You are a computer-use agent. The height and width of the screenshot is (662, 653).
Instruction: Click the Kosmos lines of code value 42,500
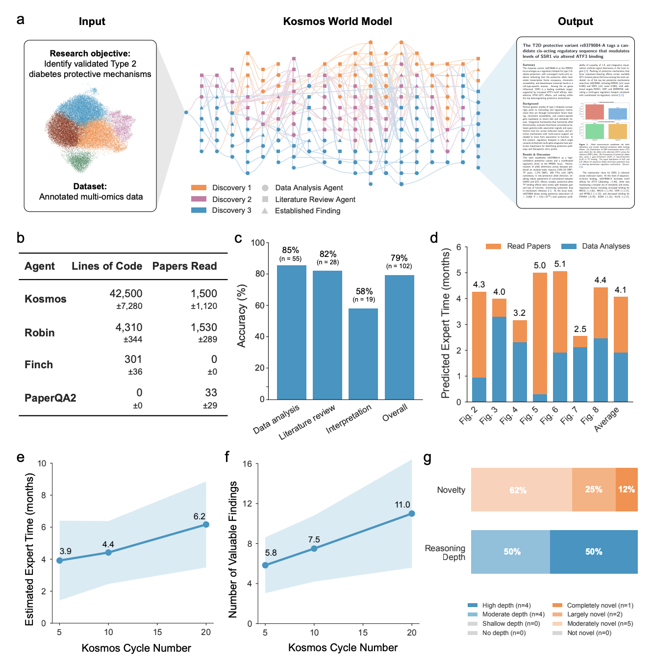coord(126,293)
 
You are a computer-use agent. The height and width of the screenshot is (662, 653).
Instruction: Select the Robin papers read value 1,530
coord(204,327)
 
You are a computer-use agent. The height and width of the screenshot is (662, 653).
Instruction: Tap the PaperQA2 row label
coord(50,398)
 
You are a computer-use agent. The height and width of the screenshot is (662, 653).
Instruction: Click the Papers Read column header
coord(184,266)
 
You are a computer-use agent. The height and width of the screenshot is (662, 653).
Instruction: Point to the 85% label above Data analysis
coord(290,250)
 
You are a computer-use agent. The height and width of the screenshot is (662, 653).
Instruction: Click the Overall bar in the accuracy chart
coord(399,337)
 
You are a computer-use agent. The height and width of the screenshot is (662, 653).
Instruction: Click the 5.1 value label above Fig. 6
coord(560,264)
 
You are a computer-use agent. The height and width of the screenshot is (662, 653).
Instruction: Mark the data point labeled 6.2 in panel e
coord(206,524)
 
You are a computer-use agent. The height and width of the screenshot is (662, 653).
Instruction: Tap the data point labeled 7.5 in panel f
coord(314,548)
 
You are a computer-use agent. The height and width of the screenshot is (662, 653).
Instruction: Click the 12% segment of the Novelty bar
coord(627,489)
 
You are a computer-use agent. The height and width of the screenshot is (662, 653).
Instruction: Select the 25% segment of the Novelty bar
coord(593,489)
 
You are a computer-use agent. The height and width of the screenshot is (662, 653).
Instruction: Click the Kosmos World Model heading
coord(337,21)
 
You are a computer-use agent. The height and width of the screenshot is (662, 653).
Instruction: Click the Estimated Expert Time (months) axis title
coord(29,549)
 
